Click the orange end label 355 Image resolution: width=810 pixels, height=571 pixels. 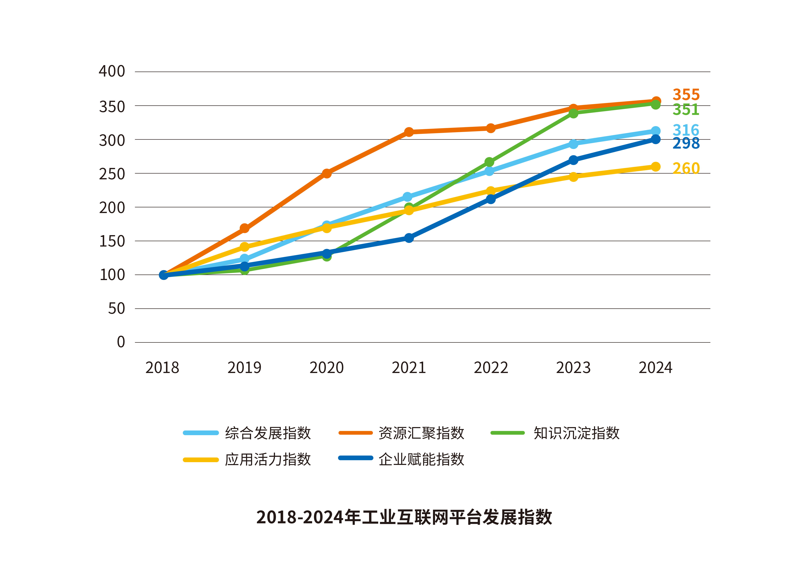(686, 95)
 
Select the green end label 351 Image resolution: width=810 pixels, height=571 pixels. (686, 110)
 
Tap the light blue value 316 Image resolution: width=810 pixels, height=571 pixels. (686, 130)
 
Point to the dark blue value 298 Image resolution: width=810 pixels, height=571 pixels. (686, 143)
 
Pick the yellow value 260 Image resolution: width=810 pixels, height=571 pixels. (686, 168)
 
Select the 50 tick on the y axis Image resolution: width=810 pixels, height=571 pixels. (116, 309)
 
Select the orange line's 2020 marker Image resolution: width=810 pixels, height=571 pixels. (327, 173)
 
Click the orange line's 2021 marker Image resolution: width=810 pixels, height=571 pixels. (409, 132)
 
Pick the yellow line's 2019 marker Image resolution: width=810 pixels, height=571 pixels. (244, 247)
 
